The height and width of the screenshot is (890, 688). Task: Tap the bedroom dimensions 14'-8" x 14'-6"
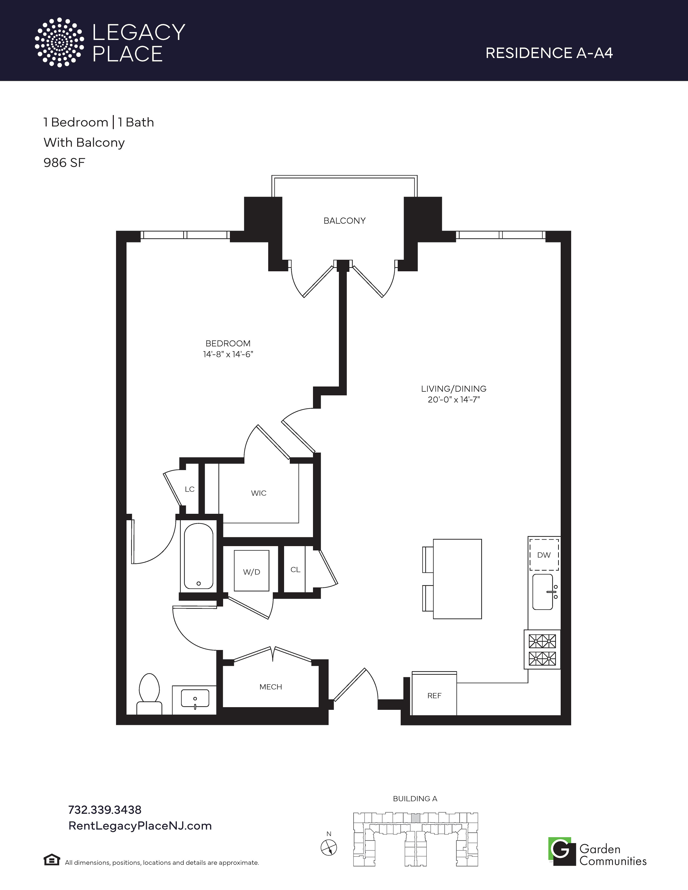click(228, 355)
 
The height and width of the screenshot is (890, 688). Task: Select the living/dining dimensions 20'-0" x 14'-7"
click(454, 400)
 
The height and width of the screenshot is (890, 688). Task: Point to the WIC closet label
click(258, 493)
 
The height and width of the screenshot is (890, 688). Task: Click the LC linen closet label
click(189, 489)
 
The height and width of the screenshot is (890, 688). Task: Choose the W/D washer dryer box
click(251, 570)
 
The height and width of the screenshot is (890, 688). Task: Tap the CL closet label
click(295, 570)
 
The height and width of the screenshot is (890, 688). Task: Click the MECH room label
click(271, 687)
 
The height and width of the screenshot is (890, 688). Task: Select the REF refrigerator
click(434, 693)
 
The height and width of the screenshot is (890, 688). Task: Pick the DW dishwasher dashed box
click(544, 554)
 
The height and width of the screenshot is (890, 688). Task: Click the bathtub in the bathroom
click(199, 556)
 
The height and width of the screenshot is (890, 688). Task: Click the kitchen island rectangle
click(457, 579)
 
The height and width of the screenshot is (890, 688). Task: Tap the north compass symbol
click(329, 848)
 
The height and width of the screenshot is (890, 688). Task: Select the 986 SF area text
click(64, 163)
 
